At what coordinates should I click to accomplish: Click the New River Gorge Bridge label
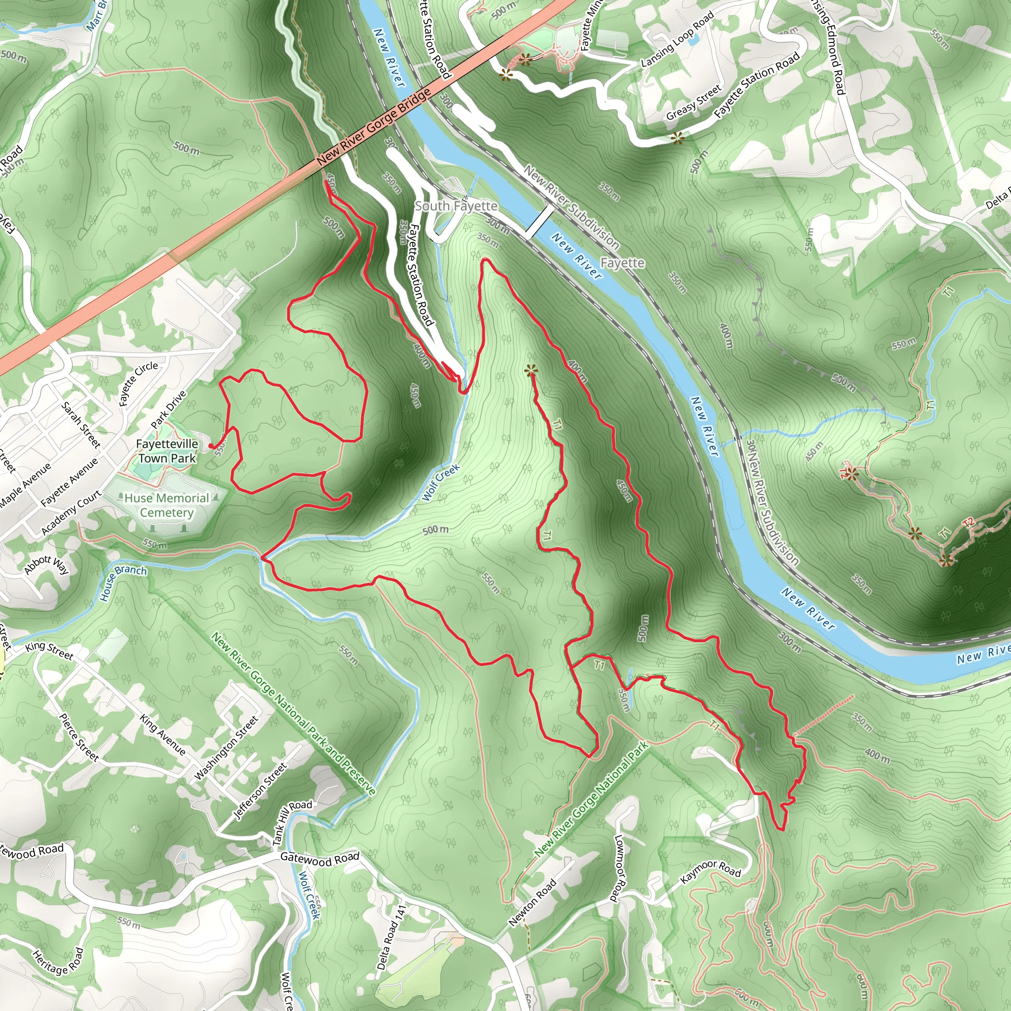tap(374, 127)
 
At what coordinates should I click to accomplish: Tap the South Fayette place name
tap(456, 206)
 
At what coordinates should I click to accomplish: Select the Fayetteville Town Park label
tap(167, 451)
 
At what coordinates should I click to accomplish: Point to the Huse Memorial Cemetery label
tap(167, 505)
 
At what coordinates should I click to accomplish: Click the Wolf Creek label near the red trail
tap(441, 482)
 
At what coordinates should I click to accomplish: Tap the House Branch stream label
tap(123, 582)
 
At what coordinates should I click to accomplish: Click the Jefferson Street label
tap(260, 791)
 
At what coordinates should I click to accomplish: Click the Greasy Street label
tap(694, 102)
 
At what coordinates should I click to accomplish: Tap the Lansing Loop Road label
tap(677, 40)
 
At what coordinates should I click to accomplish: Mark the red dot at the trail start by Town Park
tap(211, 446)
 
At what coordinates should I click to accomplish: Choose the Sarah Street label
tap(80, 425)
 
